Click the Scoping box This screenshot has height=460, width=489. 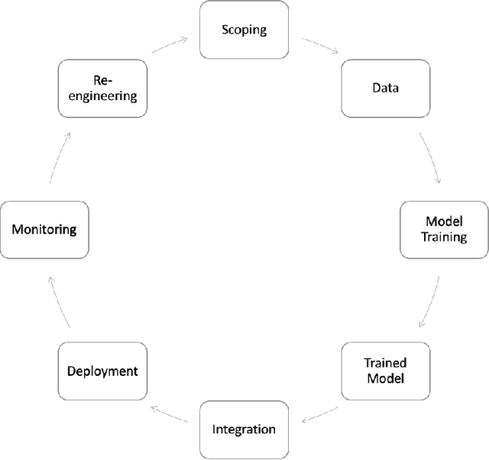tap(244, 31)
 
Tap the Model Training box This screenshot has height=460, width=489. tap(445, 229)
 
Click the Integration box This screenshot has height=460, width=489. tap(244, 429)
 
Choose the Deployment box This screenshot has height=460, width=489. tap(102, 371)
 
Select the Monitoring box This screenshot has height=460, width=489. tap(44, 229)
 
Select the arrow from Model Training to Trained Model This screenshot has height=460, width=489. tap(431, 300)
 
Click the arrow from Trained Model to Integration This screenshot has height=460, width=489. tap(319, 416)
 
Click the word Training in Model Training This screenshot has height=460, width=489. tap(445, 237)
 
